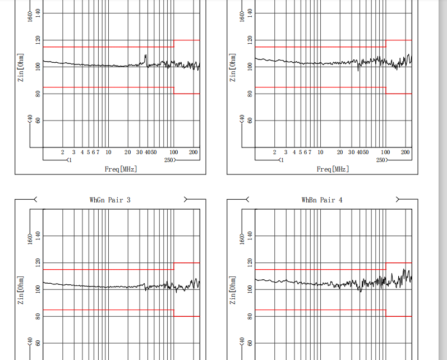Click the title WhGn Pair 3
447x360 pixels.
tap(110, 200)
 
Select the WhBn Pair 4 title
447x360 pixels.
tap(322, 200)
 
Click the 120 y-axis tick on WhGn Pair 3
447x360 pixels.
tap(38, 262)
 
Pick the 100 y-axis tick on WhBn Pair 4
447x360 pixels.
tap(250, 289)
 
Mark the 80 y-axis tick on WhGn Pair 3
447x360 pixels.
tap(38, 316)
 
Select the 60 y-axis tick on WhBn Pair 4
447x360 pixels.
tap(250, 343)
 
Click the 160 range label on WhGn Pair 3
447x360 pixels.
tap(30, 239)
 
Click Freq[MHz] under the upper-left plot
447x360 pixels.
tap(121, 169)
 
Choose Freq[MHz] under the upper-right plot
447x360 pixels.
tap(333, 169)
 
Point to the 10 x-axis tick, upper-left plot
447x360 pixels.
tap(108, 152)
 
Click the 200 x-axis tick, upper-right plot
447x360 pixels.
tap(405, 152)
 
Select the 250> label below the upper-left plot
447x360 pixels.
tap(170, 160)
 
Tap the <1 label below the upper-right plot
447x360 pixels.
tap(281, 160)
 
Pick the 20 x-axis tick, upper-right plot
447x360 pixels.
tap(340, 152)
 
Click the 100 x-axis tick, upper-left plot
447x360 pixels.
tap(174, 152)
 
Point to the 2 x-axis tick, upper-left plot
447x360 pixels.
tap(62, 152)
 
